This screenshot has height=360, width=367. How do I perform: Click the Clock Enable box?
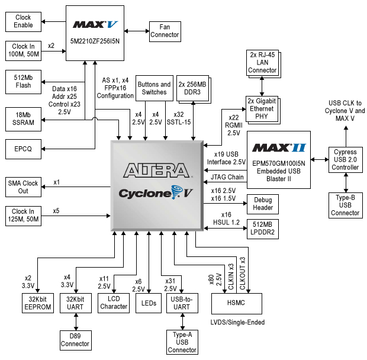tap(22, 22)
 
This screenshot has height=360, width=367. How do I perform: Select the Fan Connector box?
tap(164, 31)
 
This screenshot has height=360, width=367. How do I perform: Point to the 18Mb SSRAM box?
tap(22, 119)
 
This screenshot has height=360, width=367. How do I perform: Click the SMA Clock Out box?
tap(22, 187)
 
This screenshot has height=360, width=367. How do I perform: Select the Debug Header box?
tap(263, 204)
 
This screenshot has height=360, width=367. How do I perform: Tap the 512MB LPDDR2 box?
tap(263, 229)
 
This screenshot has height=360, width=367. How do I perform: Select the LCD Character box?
tap(114, 303)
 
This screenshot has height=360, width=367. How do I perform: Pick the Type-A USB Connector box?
tap(182, 342)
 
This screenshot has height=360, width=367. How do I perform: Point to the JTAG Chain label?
tap(227, 177)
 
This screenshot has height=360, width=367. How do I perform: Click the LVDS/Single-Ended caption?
tap(237, 322)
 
